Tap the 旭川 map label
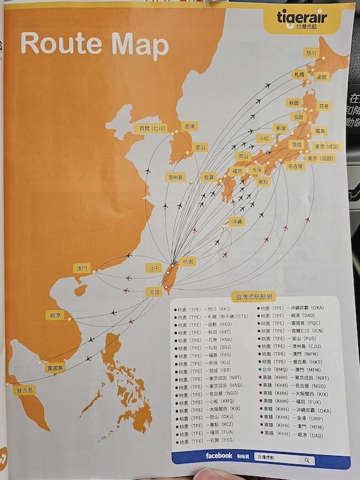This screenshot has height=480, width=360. [x=312, y=53]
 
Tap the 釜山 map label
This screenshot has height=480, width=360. [x=199, y=147]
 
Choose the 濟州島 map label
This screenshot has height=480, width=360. [x=175, y=177]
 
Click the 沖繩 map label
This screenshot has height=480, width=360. [x=238, y=221]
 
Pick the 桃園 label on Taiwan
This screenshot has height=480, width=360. [x=188, y=262]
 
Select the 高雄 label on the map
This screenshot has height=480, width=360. [x=154, y=292]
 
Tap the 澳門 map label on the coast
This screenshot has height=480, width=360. [x=82, y=268]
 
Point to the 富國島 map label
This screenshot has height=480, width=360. [x=55, y=367]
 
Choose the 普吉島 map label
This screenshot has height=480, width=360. [x=25, y=390]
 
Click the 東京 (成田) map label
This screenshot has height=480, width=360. [x=326, y=146]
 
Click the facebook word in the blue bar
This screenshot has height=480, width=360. [x=218, y=456]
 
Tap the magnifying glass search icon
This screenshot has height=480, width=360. [x=307, y=460]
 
